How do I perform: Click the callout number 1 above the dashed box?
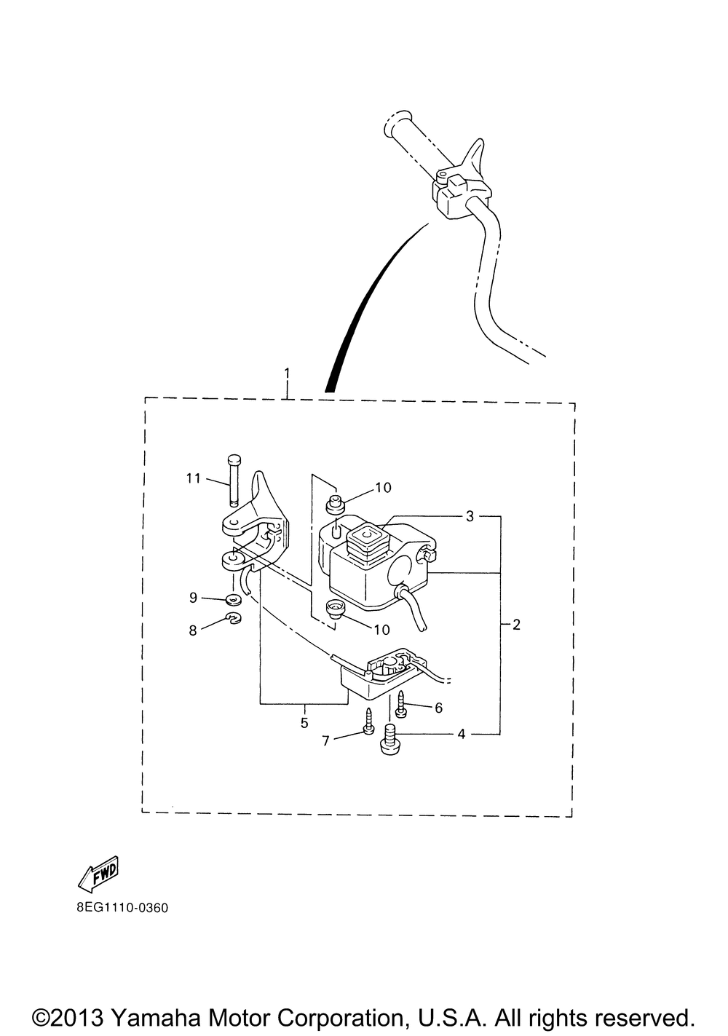(x=288, y=373)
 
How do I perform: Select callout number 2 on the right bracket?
(x=517, y=625)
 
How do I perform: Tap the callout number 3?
(x=470, y=516)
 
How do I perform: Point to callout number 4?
(x=461, y=734)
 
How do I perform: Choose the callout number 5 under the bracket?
(x=304, y=723)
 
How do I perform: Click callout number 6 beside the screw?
(x=438, y=708)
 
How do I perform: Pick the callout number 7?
(x=325, y=741)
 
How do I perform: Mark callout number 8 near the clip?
(x=193, y=630)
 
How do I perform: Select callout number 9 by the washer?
(x=193, y=598)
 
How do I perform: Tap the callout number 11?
(x=194, y=478)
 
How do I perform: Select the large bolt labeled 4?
(x=389, y=739)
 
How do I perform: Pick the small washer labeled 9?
(x=234, y=600)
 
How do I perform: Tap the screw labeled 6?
(x=400, y=704)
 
